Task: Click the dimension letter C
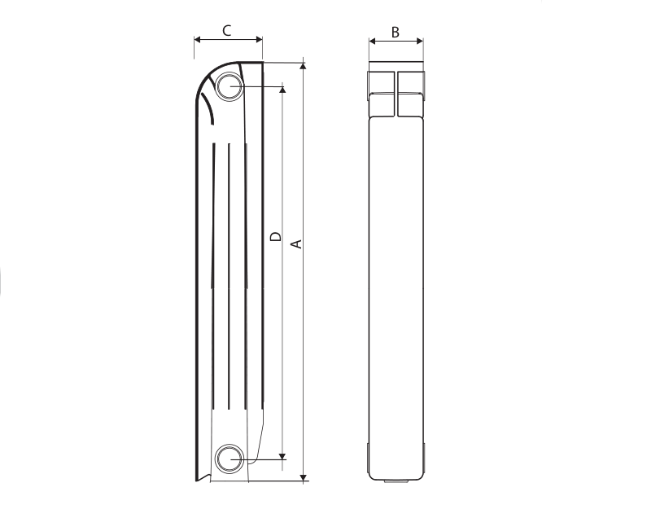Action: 226,31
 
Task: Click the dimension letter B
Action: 396,33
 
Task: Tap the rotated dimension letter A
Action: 297,244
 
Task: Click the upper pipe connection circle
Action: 229,86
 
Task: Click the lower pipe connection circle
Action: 229,459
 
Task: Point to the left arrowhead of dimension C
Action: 197,40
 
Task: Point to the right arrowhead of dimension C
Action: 259,40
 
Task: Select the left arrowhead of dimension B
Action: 372,41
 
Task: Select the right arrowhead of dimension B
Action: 420,41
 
